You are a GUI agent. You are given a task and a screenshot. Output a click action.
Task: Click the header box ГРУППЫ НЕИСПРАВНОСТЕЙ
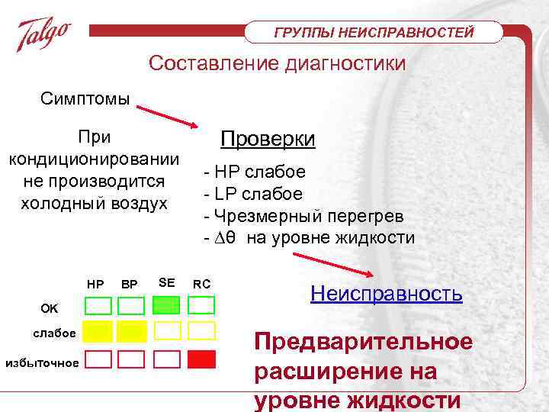click(x=374, y=32)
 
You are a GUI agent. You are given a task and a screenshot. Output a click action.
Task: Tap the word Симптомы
click(x=85, y=99)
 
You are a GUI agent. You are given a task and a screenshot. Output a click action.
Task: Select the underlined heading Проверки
click(x=268, y=140)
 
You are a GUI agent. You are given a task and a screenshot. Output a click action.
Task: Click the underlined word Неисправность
click(x=387, y=294)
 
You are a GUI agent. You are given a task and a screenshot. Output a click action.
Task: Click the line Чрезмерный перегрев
click(x=303, y=216)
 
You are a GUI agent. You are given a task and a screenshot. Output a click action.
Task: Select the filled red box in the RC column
click(x=201, y=359)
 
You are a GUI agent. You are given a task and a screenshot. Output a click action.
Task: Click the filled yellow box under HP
click(x=98, y=330)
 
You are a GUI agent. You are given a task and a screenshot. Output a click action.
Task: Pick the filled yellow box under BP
click(x=130, y=330)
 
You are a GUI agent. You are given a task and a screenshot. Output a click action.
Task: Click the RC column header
click(x=201, y=284)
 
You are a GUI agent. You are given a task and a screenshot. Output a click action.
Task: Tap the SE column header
click(x=166, y=283)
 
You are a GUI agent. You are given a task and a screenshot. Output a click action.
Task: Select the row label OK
click(x=49, y=308)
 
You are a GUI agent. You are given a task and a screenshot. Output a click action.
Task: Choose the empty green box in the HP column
click(x=98, y=306)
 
